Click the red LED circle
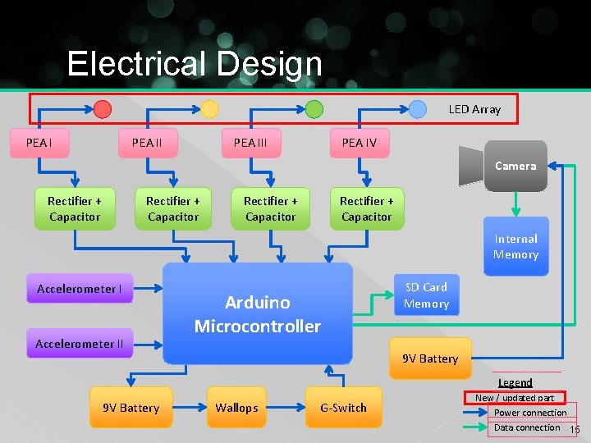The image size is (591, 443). click(x=102, y=108)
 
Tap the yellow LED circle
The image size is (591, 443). click(x=209, y=109)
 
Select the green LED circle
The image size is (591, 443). click(x=314, y=108)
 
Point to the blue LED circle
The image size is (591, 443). click(x=418, y=108)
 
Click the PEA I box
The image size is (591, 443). click(x=39, y=143)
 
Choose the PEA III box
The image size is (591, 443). click(x=250, y=143)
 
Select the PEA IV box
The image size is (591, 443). click(x=359, y=143)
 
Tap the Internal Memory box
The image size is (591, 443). click(x=515, y=246)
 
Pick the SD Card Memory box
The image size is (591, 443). click(x=426, y=295)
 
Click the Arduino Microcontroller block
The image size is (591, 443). click(x=257, y=314)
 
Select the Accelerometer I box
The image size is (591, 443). click(x=80, y=289)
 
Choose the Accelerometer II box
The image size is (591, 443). click(x=80, y=344)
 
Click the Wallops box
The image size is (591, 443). click(x=236, y=408)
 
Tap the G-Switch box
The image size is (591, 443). click(x=344, y=408)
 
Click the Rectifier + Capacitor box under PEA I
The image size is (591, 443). click(x=75, y=208)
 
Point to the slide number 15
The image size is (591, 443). click(x=575, y=430)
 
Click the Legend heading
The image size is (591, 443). click(x=515, y=382)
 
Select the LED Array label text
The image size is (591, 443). click(x=474, y=108)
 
